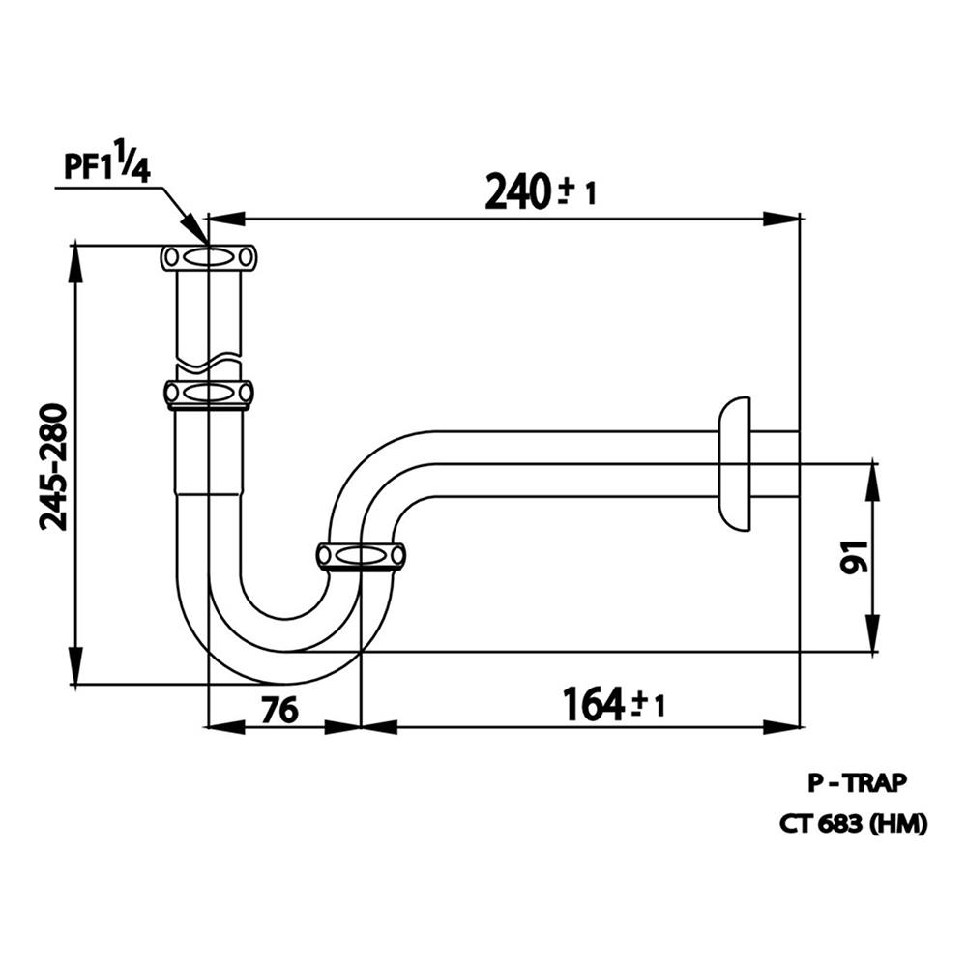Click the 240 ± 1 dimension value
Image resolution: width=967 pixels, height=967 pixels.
click(x=540, y=191)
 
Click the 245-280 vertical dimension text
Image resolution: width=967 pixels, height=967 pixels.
click(x=54, y=466)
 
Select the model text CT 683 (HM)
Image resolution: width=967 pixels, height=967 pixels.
click(x=854, y=823)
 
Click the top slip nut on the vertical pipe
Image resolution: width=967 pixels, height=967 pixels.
click(x=209, y=257)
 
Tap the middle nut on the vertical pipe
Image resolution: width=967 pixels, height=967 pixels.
click(x=209, y=393)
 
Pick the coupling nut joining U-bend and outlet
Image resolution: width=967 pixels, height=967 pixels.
click(x=361, y=556)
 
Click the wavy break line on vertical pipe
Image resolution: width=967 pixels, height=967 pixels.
click(x=209, y=366)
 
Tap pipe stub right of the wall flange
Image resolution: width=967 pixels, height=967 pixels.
click(x=774, y=463)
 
